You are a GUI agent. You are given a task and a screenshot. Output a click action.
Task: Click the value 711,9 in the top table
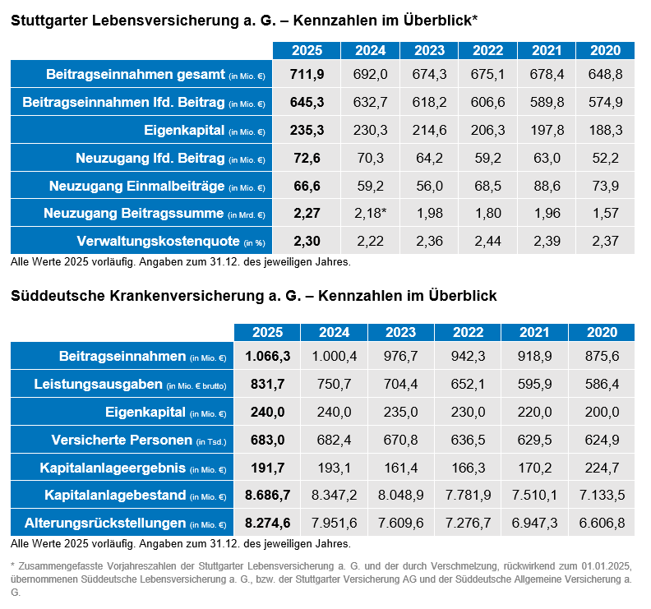click(307, 75)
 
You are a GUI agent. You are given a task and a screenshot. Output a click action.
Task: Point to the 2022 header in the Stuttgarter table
click(488, 51)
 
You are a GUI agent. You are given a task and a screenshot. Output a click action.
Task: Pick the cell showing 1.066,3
click(267, 357)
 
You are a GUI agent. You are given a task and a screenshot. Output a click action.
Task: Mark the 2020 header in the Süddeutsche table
click(603, 333)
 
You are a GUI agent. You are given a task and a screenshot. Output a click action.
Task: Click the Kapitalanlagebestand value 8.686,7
click(267, 496)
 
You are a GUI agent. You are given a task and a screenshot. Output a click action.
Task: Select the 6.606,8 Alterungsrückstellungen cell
click(603, 524)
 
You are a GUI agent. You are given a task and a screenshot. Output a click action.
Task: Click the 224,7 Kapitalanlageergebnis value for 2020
click(603, 468)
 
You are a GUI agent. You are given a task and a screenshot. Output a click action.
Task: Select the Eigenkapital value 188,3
click(606, 131)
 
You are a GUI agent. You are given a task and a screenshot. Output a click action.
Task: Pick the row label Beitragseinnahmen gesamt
click(136, 75)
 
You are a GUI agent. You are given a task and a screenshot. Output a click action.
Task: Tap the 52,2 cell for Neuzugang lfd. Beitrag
click(606, 159)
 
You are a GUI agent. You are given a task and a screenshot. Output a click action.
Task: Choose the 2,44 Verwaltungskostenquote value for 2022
click(488, 242)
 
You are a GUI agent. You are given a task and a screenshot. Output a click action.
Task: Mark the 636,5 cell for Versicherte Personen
click(465, 440)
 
